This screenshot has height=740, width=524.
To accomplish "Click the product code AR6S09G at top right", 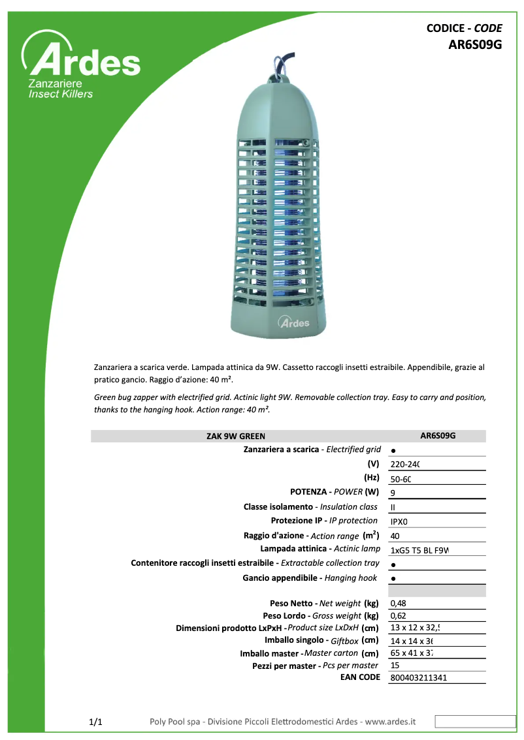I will (x=475, y=45).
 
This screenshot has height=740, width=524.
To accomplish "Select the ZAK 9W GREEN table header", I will (x=236, y=437).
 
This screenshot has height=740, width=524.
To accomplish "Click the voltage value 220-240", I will (x=404, y=465).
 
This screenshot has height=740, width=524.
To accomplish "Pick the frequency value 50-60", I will (x=401, y=479).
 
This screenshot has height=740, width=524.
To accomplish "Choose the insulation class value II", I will (x=393, y=507).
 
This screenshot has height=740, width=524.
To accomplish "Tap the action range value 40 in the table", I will (x=395, y=536).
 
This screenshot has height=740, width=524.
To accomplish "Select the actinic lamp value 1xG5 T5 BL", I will (x=420, y=550).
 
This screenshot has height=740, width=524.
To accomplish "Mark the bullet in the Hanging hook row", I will (x=393, y=579).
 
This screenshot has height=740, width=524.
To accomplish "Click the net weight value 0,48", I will (x=398, y=604).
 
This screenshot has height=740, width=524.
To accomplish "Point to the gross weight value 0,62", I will (x=398, y=616).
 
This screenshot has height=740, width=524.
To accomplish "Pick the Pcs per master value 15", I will (x=395, y=666).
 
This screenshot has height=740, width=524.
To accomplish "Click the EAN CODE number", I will (x=418, y=678).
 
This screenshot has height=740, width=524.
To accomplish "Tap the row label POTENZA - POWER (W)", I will (x=334, y=492).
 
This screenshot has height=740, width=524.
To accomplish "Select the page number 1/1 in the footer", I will (x=95, y=722).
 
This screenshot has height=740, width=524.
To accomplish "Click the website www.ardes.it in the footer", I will (x=390, y=722).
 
